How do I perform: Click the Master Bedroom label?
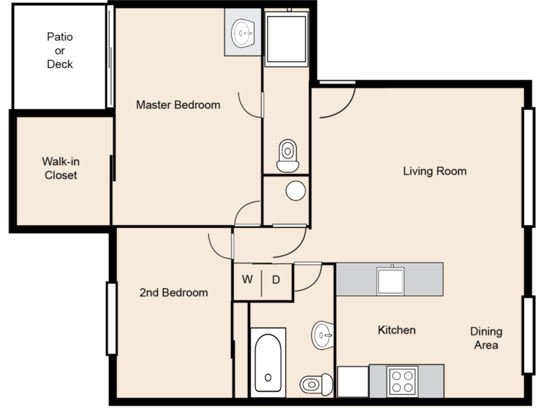pyautogui.click(x=178, y=105)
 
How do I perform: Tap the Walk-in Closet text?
pyautogui.click(x=61, y=168)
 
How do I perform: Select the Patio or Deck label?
pyautogui.click(x=59, y=51)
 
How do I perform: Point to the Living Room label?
pyautogui.click(x=435, y=171)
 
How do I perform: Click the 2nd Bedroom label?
pyautogui.click(x=174, y=292)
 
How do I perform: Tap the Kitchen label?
pyautogui.click(x=397, y=330)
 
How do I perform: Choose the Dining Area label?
pyautogui.click(x=486, y=338)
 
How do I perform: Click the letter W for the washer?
pyautogui.click(x=247, y=279)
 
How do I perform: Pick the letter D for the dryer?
pyautogui.click(x=276, y=280)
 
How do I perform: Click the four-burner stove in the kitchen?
pyautogui.click(x=402, y=381)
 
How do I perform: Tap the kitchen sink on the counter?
pyautogui.click(x=391, y=280)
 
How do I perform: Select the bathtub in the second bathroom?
pyautogui.click(x=268, y=362)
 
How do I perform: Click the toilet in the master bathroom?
pyautogui.click(x=288, y=156)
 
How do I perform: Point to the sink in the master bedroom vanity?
pyautogui.click(x=243, y=33)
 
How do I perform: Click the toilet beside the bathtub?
pyautogui.click(x=317, y=384)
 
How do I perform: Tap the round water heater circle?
pyautogui.click(x=296, y=190)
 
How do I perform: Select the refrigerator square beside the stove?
pyautogui.click(x=353, y=382)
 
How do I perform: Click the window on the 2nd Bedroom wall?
pyautogui.click(x=111, y=319)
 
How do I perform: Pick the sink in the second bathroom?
pyautogui.click(x=323, y=336)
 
